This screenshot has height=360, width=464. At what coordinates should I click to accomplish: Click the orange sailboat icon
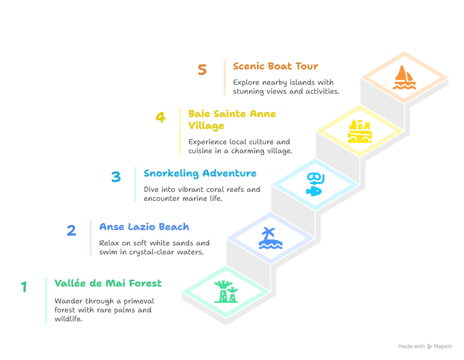404,77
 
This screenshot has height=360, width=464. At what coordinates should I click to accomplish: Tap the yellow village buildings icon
359,131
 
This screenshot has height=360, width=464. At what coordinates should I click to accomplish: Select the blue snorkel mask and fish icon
315,184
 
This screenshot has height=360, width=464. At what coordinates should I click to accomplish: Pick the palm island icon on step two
271,238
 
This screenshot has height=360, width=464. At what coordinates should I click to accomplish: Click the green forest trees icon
227,292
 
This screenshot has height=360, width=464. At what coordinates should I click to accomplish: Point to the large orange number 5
202,70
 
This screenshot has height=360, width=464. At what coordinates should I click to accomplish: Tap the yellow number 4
161,117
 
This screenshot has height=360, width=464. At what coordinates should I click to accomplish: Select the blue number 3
116,177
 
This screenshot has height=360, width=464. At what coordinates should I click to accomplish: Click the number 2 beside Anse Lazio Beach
71,230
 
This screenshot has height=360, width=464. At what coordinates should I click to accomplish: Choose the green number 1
24,287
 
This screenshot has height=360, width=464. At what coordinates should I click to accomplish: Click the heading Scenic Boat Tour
276,66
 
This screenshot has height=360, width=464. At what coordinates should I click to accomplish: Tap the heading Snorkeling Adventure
200,173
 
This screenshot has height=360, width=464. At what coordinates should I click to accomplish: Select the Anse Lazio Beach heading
144,227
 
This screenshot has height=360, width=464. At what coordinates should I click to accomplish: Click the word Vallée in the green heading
70,283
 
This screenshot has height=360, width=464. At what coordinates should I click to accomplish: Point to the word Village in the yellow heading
206,126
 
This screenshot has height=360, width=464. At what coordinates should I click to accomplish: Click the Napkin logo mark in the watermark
429,347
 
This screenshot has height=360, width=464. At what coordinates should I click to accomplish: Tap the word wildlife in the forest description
68,319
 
